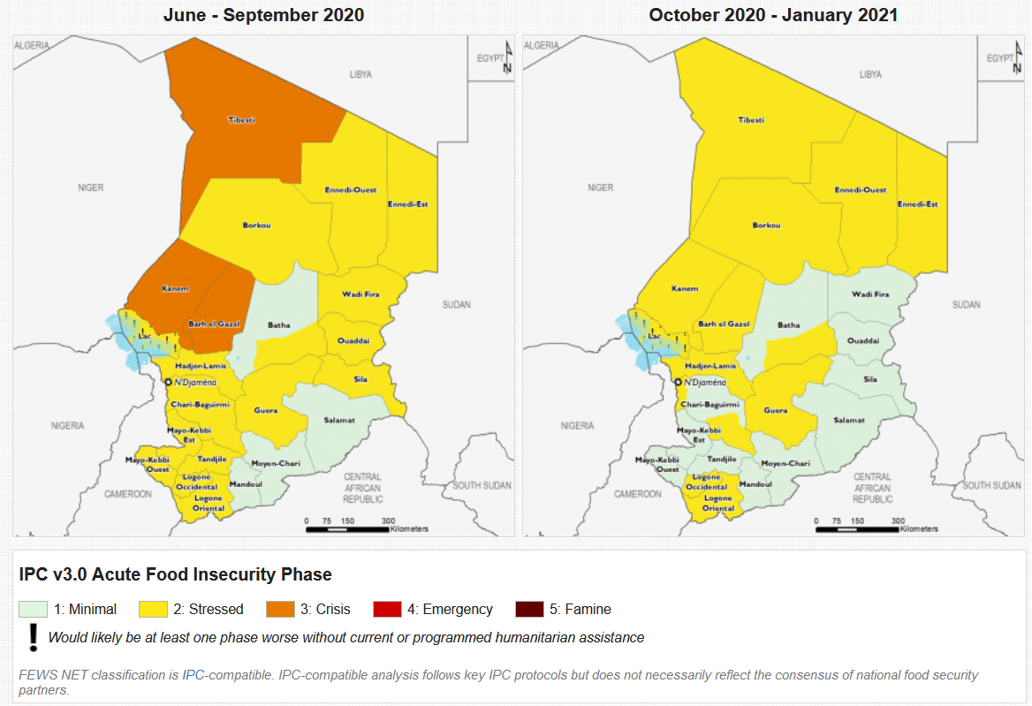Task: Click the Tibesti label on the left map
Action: [241, 120]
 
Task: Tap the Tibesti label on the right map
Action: [751, 120]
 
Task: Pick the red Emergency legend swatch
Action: [387, 610]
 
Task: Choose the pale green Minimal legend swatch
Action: [33, 610]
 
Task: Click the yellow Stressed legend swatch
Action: [153, 610]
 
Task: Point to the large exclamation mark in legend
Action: [34, 636]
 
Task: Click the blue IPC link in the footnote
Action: [193, 675]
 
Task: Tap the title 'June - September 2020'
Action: [263, 15]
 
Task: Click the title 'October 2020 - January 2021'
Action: [774, 15]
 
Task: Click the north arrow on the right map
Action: [1017, 58]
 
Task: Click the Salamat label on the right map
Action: [849, 421]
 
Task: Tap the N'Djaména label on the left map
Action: [196, 382]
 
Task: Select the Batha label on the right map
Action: [789, 325]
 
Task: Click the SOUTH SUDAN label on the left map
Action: [482, 485]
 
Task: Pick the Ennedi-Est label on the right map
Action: [918, 204]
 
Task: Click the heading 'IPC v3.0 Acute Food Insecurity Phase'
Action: [175, 574]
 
